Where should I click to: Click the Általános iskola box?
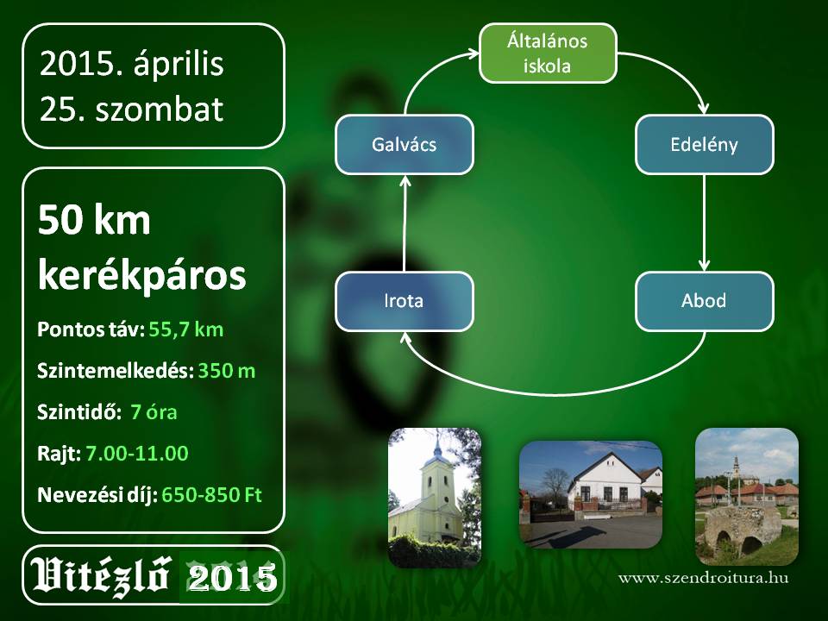548,53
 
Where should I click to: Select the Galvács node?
405,144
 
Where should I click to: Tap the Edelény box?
705,144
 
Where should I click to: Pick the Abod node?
705,301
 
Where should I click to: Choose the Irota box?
405,301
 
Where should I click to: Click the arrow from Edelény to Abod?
704,223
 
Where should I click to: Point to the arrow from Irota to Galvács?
405,223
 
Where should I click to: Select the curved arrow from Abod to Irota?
555,393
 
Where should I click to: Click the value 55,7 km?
186,330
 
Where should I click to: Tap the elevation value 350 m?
227,371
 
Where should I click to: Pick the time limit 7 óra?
154,412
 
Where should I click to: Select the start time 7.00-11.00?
137,454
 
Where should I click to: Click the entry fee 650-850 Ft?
212,495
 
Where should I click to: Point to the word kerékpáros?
142,276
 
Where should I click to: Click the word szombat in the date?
160,110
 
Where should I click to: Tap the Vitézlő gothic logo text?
101,575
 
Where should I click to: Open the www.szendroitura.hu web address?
704,578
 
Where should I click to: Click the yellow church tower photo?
435,498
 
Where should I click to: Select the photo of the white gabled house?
590,495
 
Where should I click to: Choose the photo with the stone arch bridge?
747,497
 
